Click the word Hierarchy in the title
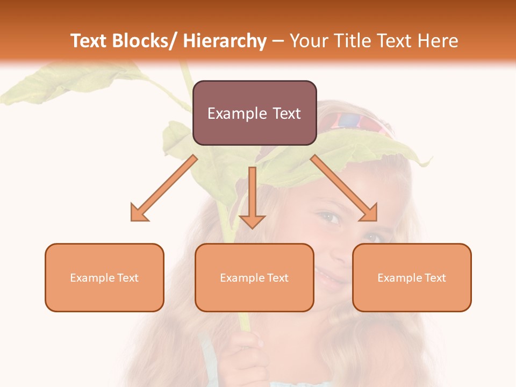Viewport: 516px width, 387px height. tap(225, 41)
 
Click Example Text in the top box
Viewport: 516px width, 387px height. tap(254, 113)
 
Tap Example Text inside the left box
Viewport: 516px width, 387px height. tap(104, 278)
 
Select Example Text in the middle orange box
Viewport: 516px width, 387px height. tap(254, 278)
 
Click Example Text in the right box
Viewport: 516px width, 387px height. tap(412, 278)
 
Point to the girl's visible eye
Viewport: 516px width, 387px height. tap(329, 218)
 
